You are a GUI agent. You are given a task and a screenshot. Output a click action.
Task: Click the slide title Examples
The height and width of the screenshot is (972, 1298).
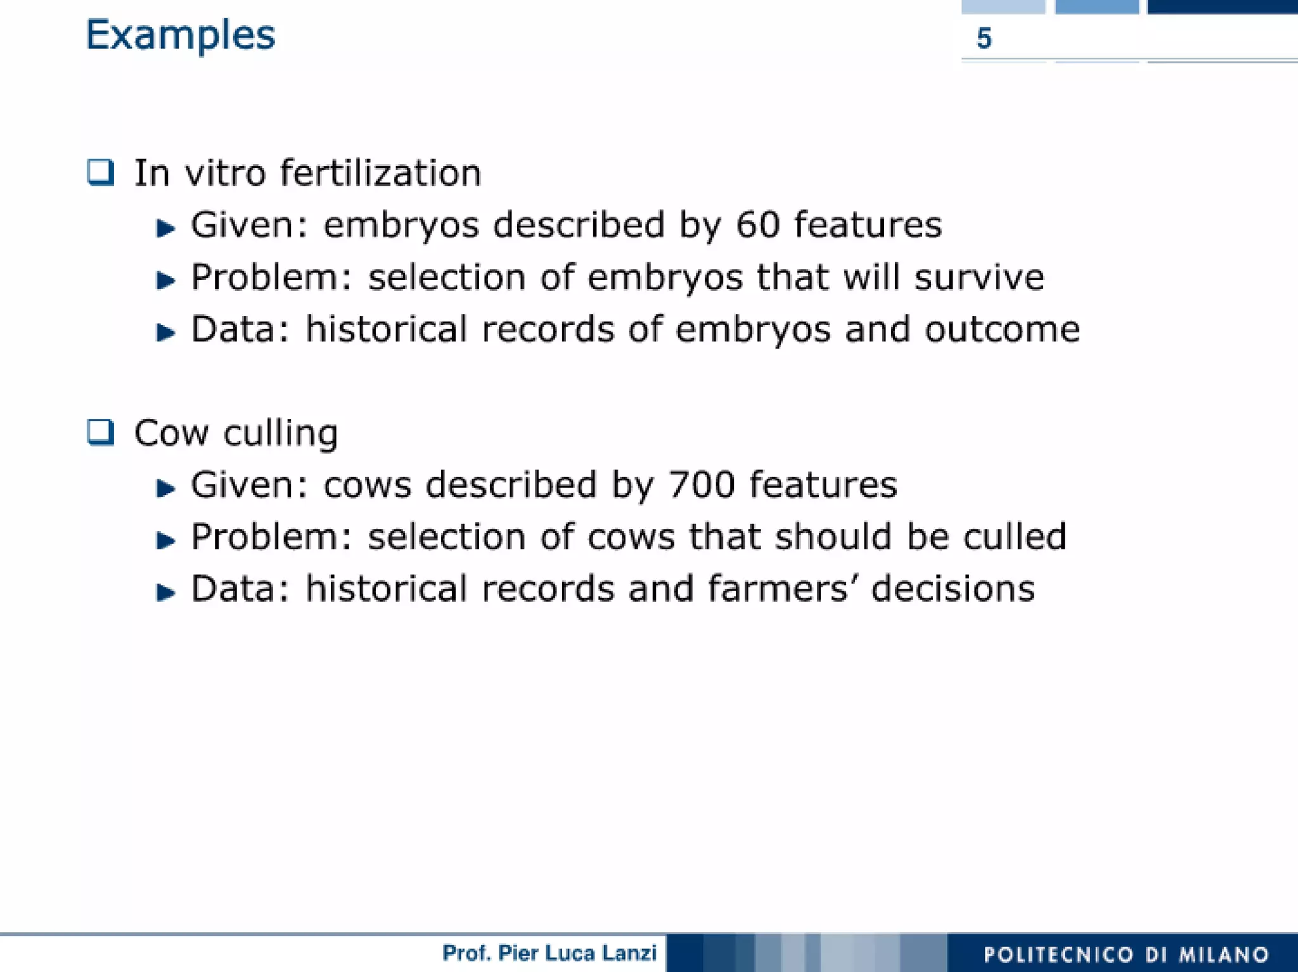pyautogui.click(x=180, y=35)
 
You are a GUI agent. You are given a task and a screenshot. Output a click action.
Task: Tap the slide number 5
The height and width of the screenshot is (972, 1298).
pyautogui.click(x=984, y=38)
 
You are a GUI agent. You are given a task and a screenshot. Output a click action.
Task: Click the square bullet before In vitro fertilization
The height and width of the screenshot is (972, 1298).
pyautogui.click(x=100, y=172)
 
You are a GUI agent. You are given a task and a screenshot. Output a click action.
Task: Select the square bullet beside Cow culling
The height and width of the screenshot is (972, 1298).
pyautogui.click(x=100, y=433)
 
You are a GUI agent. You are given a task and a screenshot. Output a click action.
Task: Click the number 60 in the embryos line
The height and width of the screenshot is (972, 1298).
pyautogui.click(x=757, y=225)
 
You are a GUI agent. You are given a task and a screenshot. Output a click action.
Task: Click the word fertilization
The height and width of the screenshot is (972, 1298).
pyautogui.click(x=380, y=173)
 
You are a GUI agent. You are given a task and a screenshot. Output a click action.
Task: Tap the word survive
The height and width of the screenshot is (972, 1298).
pyautogui.click(x=979, y=278)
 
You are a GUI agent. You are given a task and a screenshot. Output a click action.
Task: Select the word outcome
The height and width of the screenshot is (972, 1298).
pyautogui.click(x=1002, y=329)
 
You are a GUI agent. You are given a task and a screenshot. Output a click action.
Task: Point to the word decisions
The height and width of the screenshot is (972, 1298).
pyautogui.click(x=953, y=589)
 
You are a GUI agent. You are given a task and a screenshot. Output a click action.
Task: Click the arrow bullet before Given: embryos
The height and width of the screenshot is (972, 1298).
pyautogui.click(x=165, y=227)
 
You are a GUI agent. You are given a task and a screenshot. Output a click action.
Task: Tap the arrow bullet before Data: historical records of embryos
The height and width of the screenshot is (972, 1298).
pyautogui.click(x=165, y=331)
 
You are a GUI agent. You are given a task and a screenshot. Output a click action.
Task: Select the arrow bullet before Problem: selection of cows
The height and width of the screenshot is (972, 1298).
pyautogui.click(x=165, y=540)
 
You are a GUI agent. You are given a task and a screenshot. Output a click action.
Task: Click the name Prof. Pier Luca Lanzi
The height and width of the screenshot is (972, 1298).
pyautogui.click(x=549, y=953)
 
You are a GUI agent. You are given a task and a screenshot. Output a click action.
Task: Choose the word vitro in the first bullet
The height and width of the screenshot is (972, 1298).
pyautogui.click(x=225, y=173)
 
